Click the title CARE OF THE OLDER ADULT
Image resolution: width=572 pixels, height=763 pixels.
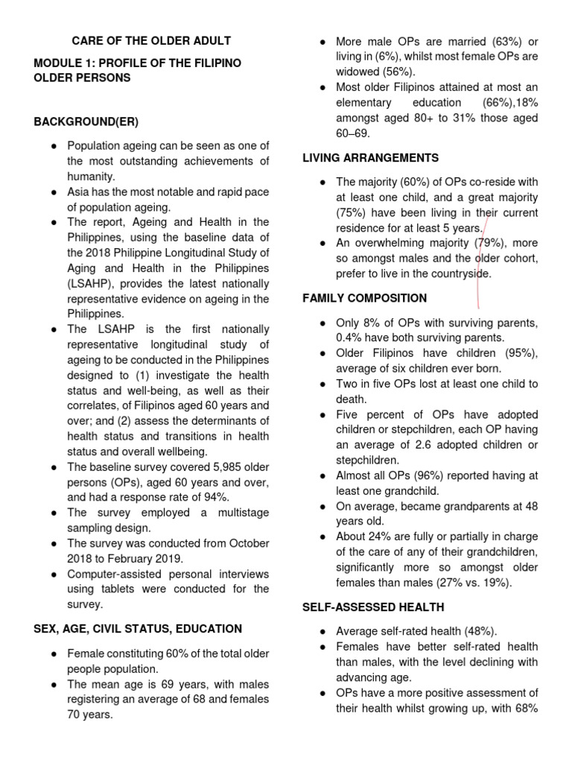[150, 40]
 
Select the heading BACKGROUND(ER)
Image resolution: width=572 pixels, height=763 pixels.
[86, 121]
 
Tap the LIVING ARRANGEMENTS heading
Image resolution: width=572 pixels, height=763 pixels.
[370, 157]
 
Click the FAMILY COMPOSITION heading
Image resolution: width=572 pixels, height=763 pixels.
[364, 298]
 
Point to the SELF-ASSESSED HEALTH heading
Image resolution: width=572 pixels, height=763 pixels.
[373, 607]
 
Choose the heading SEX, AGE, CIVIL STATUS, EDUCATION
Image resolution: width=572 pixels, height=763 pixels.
[138, 629]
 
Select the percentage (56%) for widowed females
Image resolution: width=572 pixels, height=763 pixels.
[398, 72]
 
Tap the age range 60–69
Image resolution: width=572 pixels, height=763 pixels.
[352, 133]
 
